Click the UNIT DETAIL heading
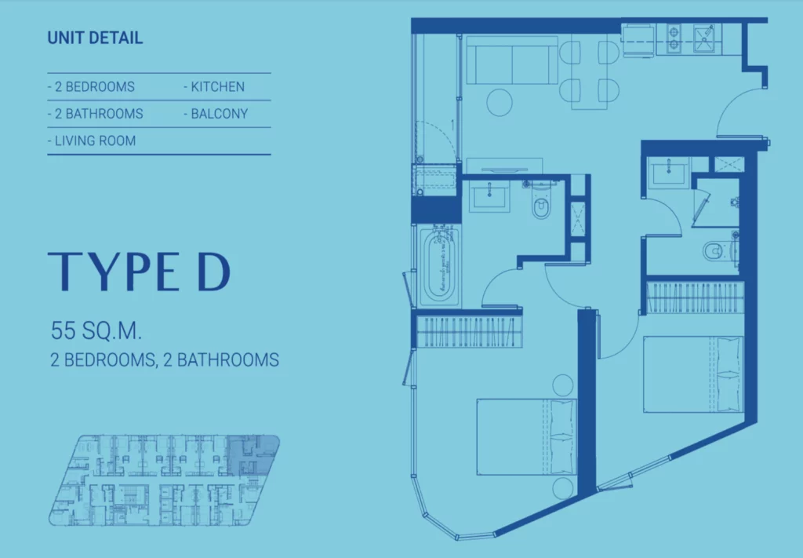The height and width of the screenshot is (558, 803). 95,38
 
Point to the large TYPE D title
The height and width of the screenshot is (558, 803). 140,272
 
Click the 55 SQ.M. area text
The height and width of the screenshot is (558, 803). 96,331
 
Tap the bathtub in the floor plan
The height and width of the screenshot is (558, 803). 441,267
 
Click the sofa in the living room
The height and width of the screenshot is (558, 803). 512,60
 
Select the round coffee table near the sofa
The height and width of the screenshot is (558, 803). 500,103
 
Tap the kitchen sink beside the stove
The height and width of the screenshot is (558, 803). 705,38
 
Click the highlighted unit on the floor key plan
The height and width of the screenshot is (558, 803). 252,455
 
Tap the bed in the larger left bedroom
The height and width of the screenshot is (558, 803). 527,437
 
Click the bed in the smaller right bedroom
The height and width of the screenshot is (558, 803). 693,374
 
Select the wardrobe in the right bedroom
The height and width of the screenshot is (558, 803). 695,297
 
